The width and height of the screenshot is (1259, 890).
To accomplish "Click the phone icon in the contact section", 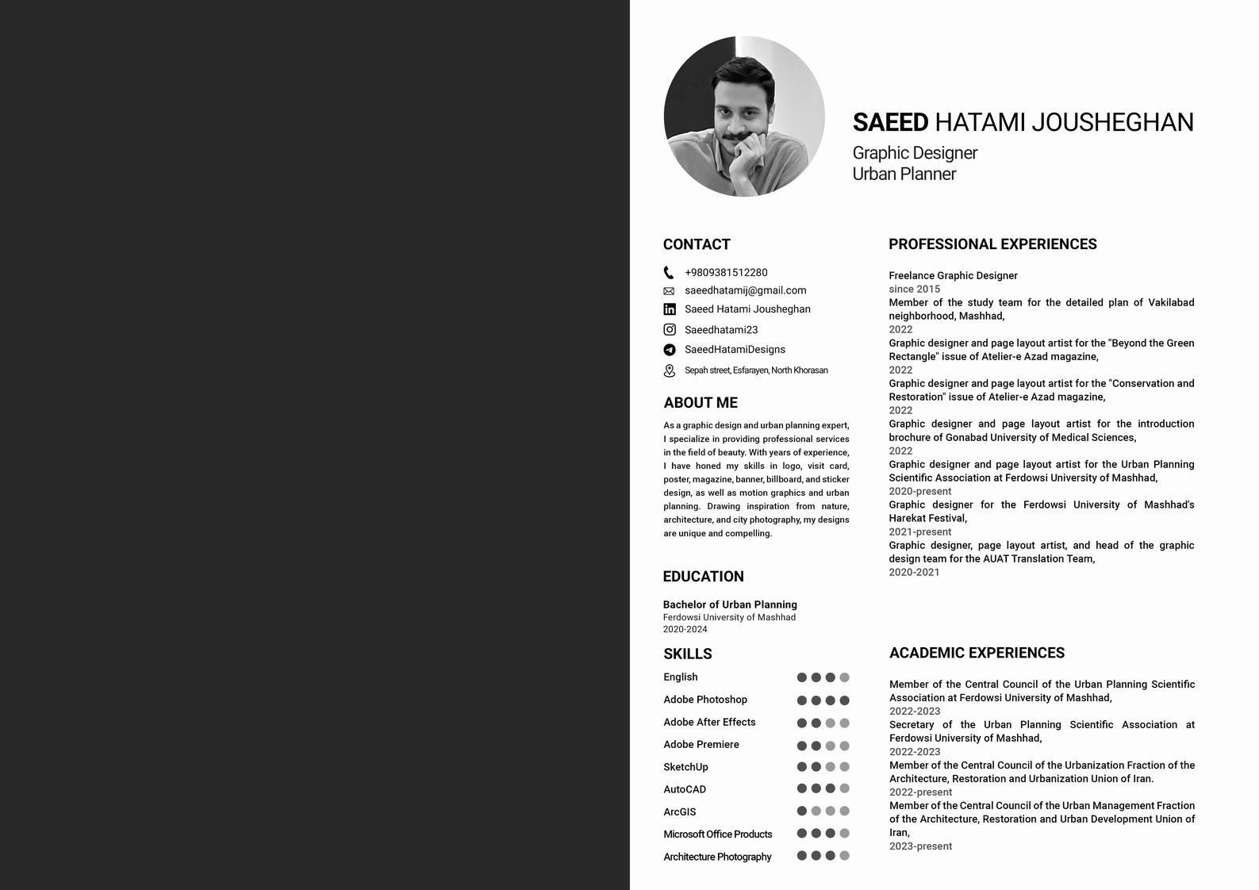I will (x=669, y=273).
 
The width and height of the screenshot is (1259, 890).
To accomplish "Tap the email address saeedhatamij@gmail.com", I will (x=745, y=290).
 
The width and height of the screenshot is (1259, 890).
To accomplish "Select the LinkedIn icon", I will (x=670, y=309).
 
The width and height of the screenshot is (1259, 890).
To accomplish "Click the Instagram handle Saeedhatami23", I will (x=720, y=330).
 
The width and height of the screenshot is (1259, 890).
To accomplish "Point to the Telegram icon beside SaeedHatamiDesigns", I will (x=670, y=350).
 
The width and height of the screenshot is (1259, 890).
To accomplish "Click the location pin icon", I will (x=670, y=370).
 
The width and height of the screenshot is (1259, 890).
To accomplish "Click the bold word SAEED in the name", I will (x=889, y=122).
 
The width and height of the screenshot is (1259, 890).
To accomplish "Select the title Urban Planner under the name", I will (x=904, y=175).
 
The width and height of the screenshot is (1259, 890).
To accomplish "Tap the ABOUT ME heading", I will (x=701, y=403).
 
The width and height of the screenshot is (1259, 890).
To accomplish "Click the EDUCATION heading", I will (x=703, y=577).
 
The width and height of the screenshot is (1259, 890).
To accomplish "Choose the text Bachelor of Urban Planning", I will (x=730, y=604).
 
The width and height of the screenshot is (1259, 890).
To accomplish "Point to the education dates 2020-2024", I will (x=685, y=630).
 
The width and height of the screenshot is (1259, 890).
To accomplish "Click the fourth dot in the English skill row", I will (x=844, y=677).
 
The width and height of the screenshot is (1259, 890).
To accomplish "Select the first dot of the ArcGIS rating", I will (x=801, y=811).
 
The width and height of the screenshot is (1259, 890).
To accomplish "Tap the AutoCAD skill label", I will (x=684, y=789).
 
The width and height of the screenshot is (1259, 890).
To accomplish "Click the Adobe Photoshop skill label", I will (x=704, y=700).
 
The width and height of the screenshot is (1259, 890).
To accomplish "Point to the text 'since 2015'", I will (x=914, y=290).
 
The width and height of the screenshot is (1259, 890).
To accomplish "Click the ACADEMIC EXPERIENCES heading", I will (x=977, y=653).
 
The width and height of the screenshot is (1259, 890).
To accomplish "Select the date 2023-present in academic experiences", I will (x=920, y=846).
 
